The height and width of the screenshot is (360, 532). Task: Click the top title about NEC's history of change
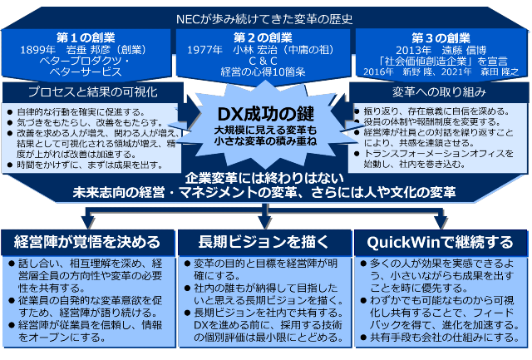[265, 16]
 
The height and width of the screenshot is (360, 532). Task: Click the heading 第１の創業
[86, 37]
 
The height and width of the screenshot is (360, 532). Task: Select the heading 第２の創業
[263, 37]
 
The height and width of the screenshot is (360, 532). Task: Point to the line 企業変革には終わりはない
[265, 179]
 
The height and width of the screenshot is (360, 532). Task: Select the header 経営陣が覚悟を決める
[87, 242]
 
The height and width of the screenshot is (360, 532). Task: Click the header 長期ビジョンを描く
[265, 242]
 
